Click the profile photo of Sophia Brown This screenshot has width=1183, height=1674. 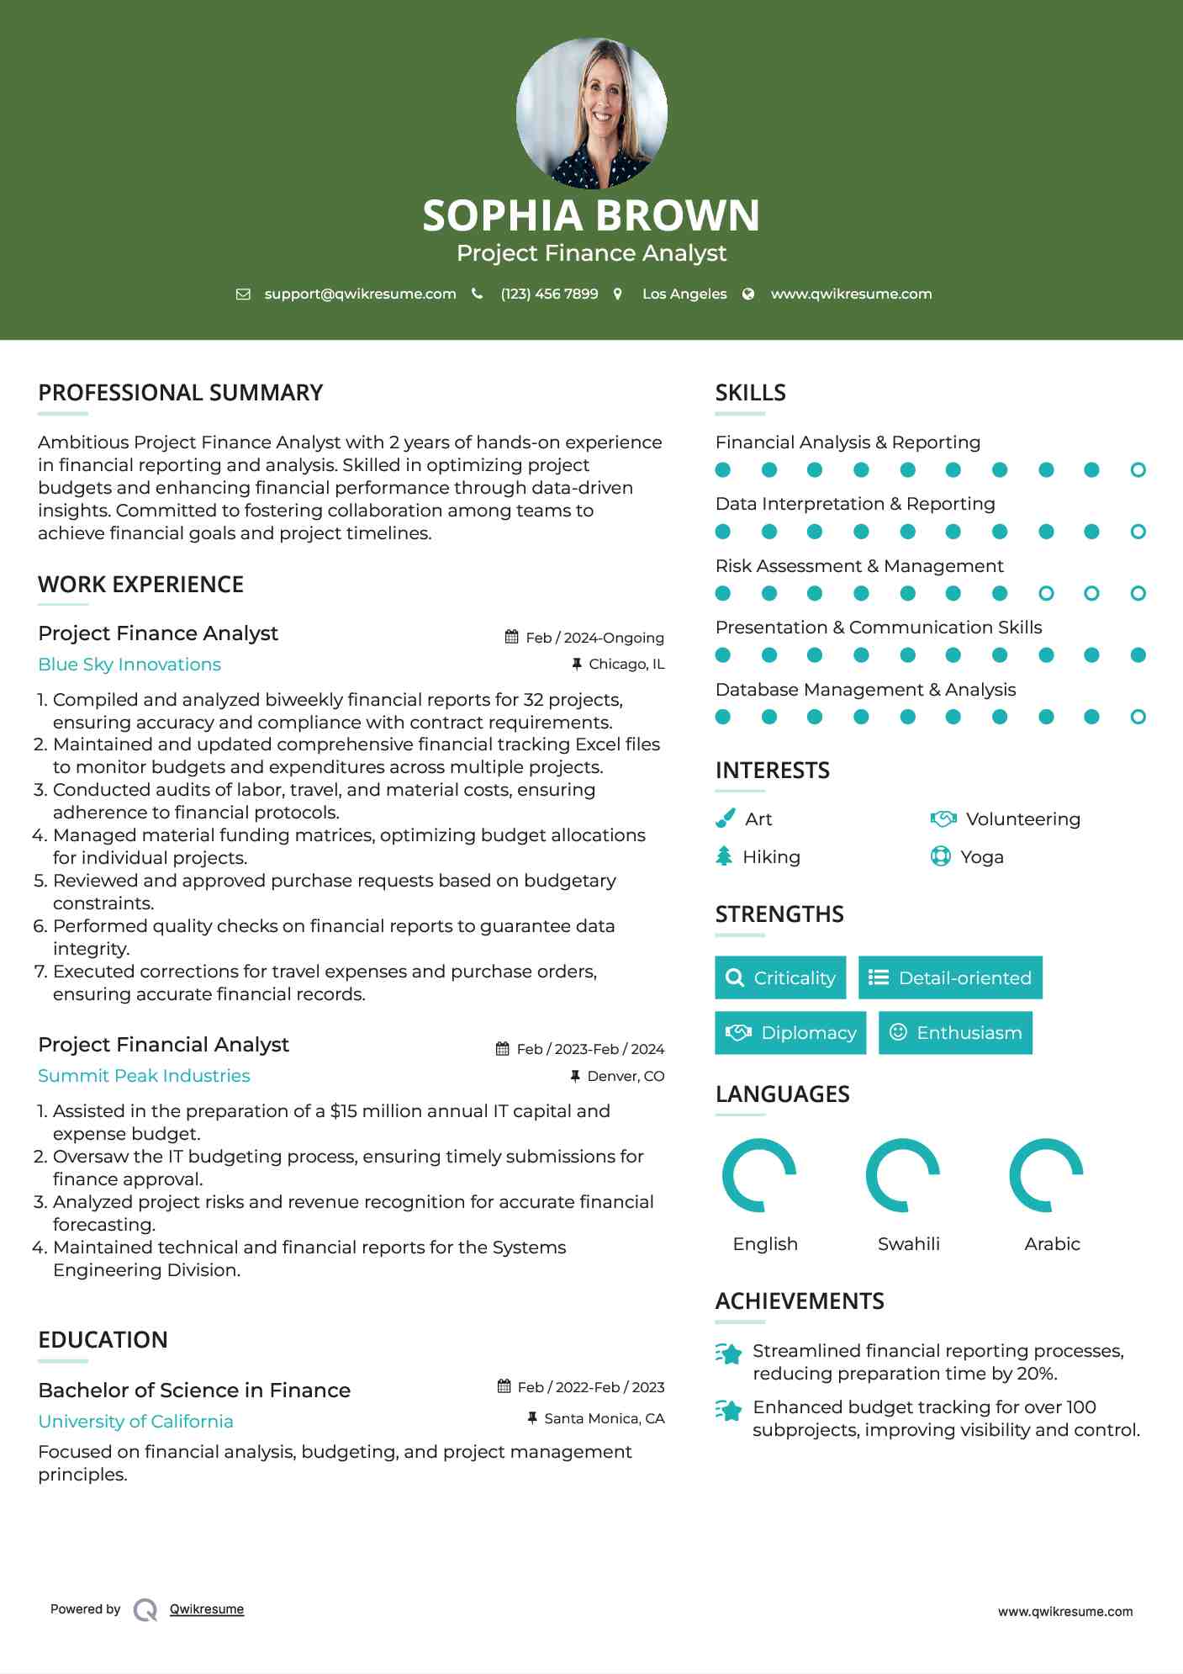pyautogui.click(x=591, y=113)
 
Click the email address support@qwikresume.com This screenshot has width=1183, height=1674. pyautogui.click(x=360, y=294)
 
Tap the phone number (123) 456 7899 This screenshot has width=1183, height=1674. pyautogui.click(x=549, y=294)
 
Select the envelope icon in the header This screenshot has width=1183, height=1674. pyautogui.click(x=243, y=294)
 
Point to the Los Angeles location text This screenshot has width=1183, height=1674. pyautogui.click(x=684, y=294)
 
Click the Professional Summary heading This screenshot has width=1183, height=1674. pyautogui.click(x=180, y=393)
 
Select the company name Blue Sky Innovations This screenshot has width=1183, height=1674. pyautogui.click(x=129, y=665)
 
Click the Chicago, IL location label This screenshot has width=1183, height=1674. pyautogui.click(x=626, y=665)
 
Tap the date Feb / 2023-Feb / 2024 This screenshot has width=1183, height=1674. pyautogui.click(x=589, y=1049)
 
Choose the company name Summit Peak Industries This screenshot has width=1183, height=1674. pyautogui.click(x=144, y=1076)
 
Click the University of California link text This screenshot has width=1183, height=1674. pyautogui.click(x=135, y=1422)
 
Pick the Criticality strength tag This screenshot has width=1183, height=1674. pyautogui.click(x=780, y=977)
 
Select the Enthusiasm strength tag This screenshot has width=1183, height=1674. pyautogui.click(x=955, y=1033)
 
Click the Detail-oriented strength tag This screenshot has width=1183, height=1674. pyautogui.click(x=950, y=977)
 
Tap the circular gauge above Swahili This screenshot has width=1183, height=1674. pyautogui.click(x=902, y=1175)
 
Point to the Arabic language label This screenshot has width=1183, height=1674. pyautogui.click(x=1052, y=1244)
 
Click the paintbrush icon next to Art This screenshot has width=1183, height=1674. pyautogui.click(x=725, y=818)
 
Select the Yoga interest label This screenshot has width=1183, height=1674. pyautogui.click(x=982, y=857)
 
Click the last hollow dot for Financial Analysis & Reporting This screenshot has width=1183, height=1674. pyautogui.click(x=1138, y=470)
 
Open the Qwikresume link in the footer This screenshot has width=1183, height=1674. pyautogui.click(x=206, y=1609)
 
